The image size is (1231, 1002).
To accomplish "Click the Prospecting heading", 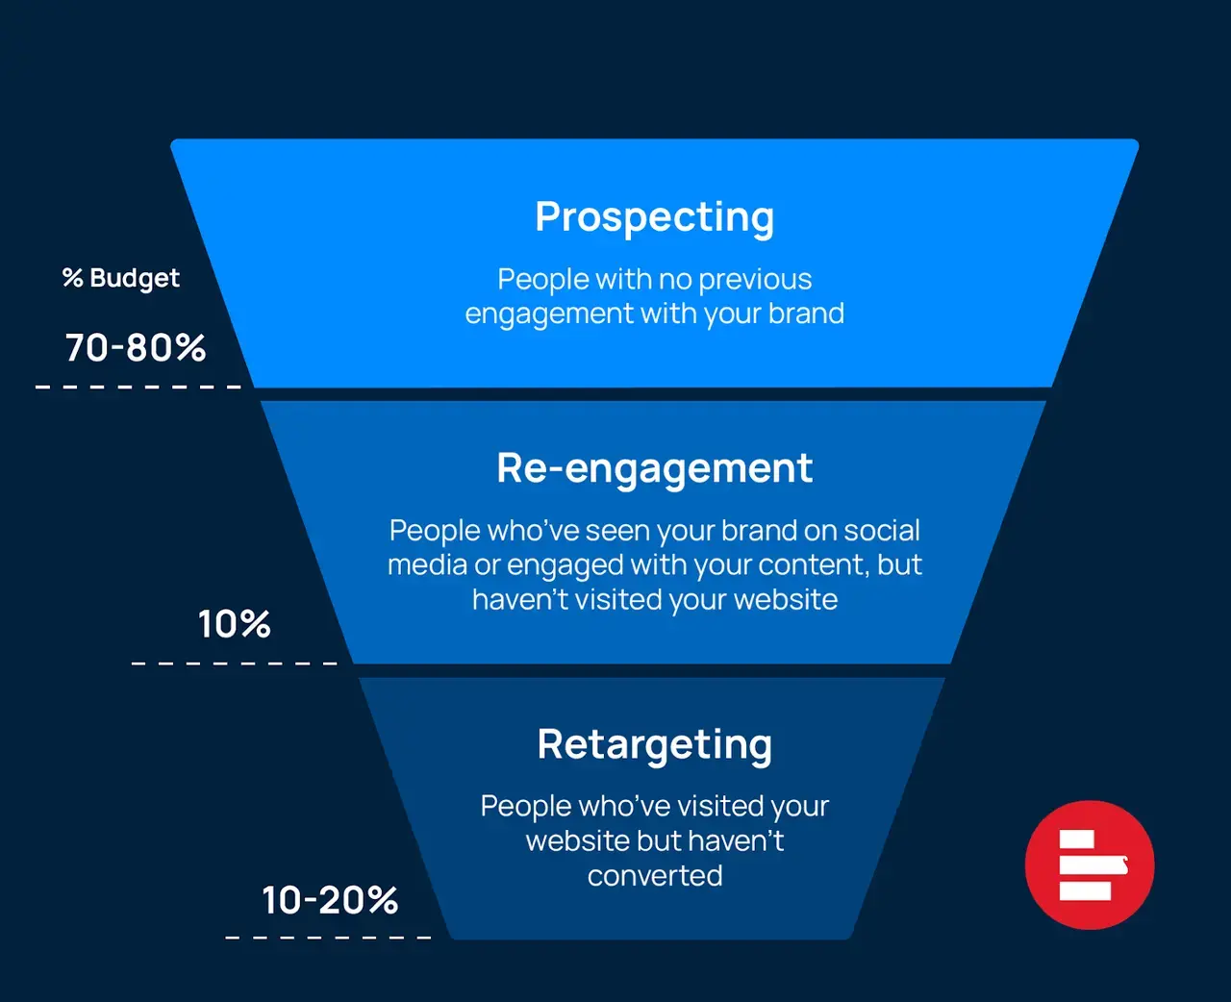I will (x=654, y=217).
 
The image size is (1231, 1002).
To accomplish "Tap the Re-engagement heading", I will (x=654, y=468).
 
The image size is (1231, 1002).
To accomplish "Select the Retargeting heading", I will (x=654, y=744).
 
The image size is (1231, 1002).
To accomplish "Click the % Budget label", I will (x=121, y=278).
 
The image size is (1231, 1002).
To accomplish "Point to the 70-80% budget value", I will (x=136, y=347).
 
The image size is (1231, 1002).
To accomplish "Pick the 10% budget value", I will (x=234, y=624).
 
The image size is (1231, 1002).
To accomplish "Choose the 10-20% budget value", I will (x=330, y=900).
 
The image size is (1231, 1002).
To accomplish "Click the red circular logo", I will (x=1090, y=864).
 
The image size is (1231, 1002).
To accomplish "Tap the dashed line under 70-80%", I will (x=138, y=387).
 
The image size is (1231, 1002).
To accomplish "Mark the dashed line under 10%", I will (x=234, y=664).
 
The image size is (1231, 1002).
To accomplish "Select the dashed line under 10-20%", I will (x=328, y=937).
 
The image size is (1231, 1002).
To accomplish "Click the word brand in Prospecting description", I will (x=806, y=313).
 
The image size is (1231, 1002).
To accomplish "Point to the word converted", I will (x=654, y=875).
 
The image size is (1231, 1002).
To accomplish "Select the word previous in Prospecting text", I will (x=755, y=279).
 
